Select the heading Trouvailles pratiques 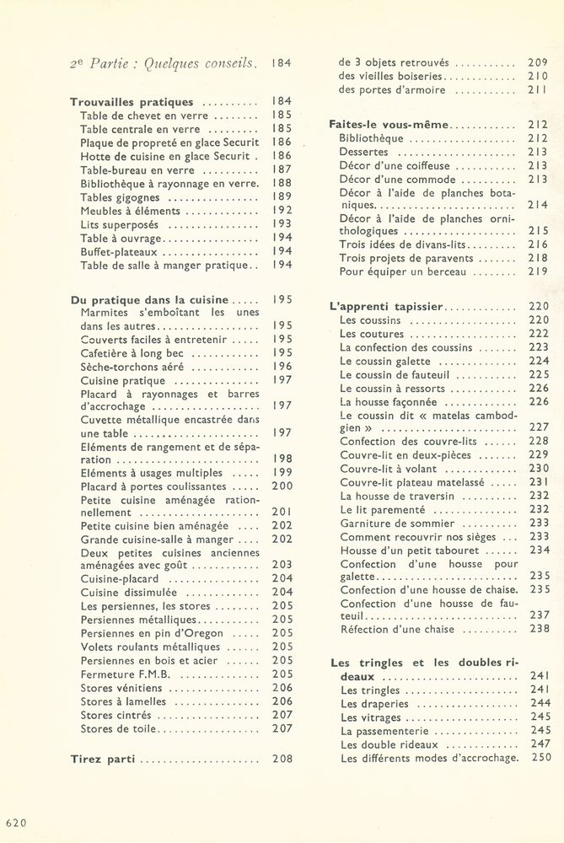132,101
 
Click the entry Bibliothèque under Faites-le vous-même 372,137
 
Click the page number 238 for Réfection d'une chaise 539,628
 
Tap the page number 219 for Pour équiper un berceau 539,271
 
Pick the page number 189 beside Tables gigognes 282,196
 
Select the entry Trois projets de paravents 406,258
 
